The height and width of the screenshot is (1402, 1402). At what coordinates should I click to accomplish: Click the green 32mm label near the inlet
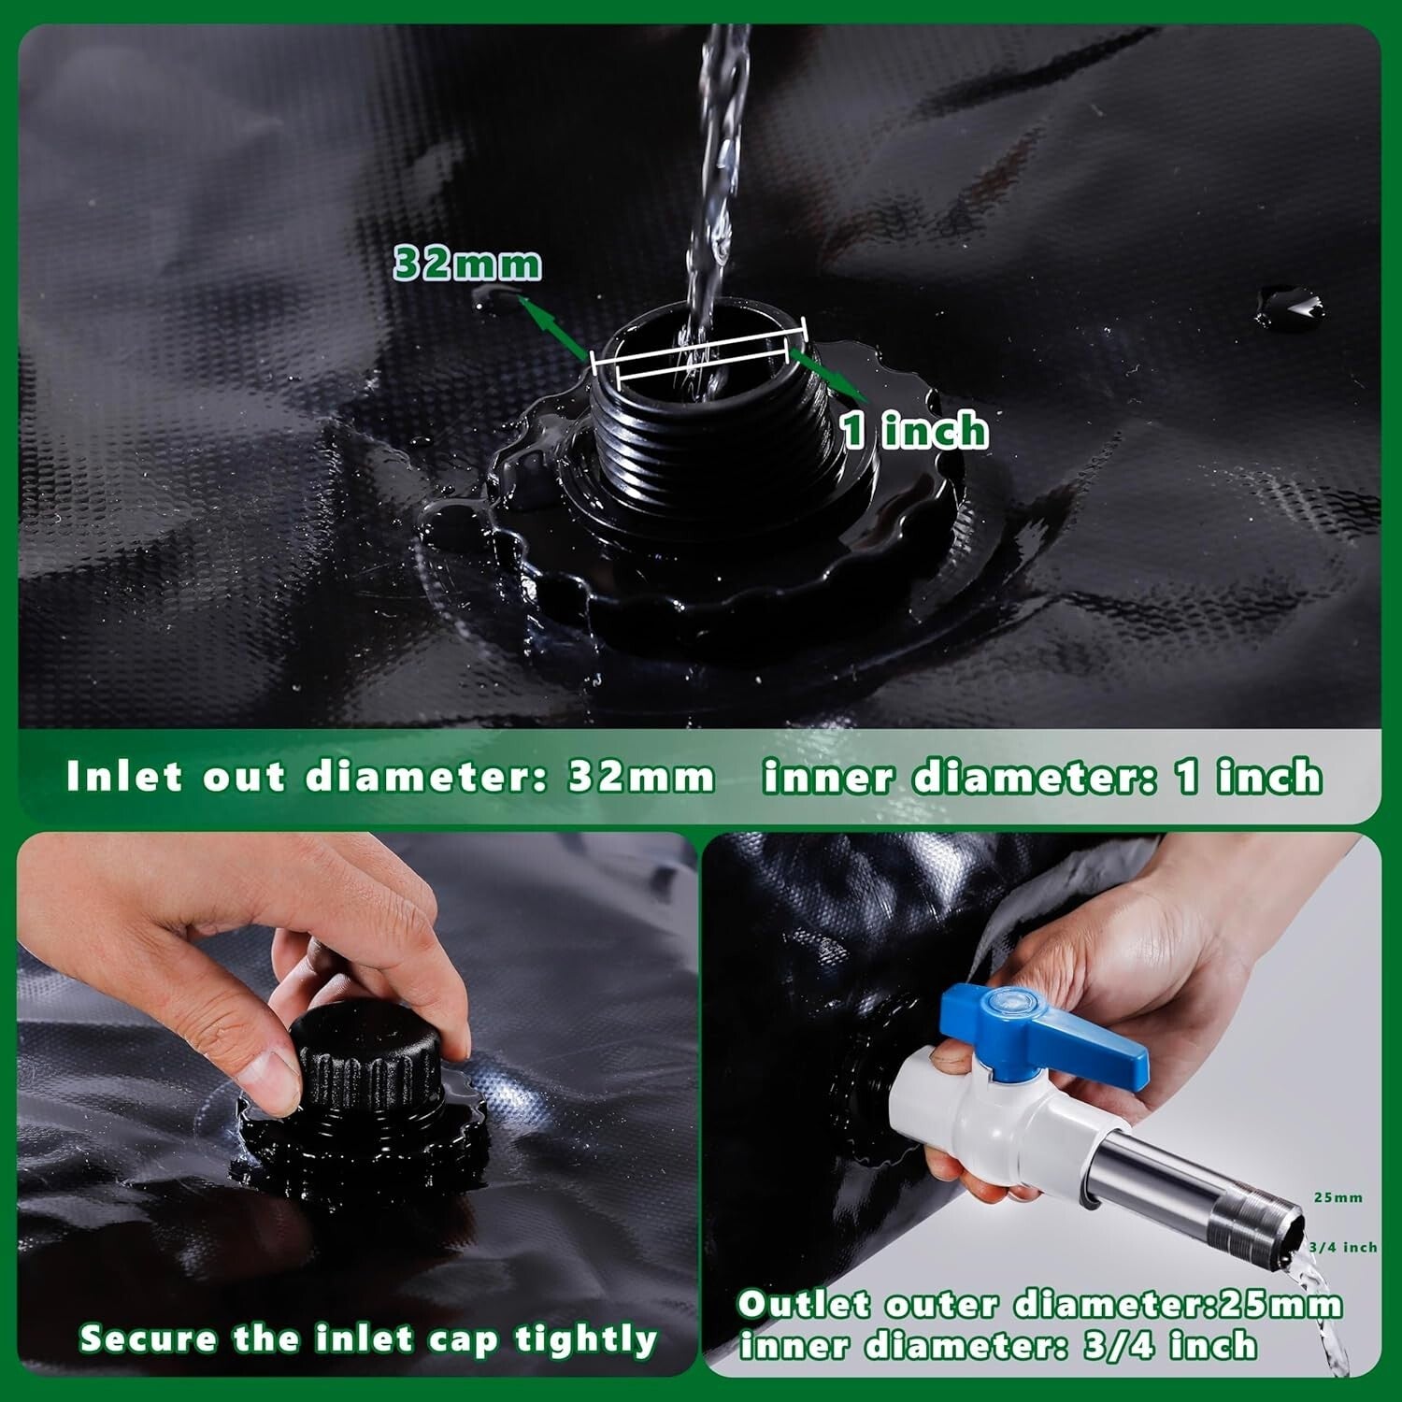(467, 264)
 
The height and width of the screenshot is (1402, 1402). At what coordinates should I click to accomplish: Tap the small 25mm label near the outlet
(1338, 1197)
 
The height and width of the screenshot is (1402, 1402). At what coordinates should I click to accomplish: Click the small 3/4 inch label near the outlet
(1342, 1247)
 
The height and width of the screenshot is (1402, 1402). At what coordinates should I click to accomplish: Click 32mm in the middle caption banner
(641, 777)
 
